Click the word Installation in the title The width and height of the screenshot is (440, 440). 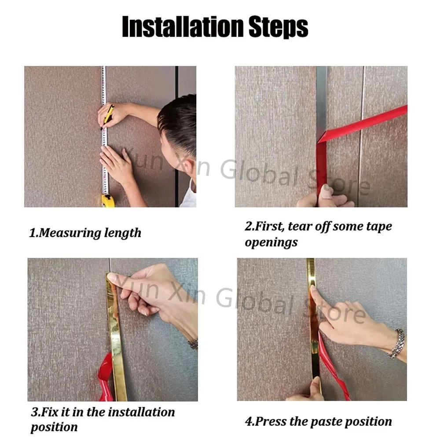coord(183,26)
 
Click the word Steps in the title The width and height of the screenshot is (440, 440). coord(279,27)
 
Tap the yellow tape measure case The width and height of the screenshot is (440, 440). coord(108,200)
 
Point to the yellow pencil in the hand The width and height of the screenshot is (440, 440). coord(108,116)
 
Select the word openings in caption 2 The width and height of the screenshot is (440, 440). coord(271,242)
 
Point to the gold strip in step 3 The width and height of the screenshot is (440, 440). coord(116,337)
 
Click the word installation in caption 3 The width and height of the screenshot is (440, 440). coord(141,412)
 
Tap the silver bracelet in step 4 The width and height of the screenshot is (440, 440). coord(398,344)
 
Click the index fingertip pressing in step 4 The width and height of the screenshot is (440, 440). coord(312,289)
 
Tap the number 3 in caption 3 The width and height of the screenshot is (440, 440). coord(35,412)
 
